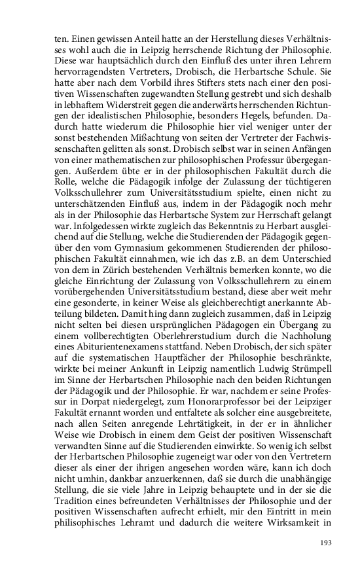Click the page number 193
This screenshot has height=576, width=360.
click(x=327, y=543)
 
